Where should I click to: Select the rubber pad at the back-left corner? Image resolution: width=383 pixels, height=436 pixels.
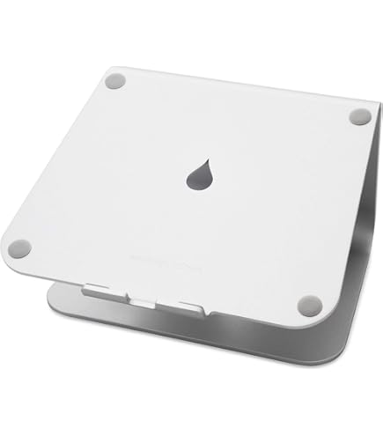click(x=114, y=81)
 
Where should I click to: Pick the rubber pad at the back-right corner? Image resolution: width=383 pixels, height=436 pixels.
click(x=360, y=115)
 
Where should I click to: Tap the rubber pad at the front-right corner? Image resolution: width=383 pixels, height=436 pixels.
click(x=308, y=306)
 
